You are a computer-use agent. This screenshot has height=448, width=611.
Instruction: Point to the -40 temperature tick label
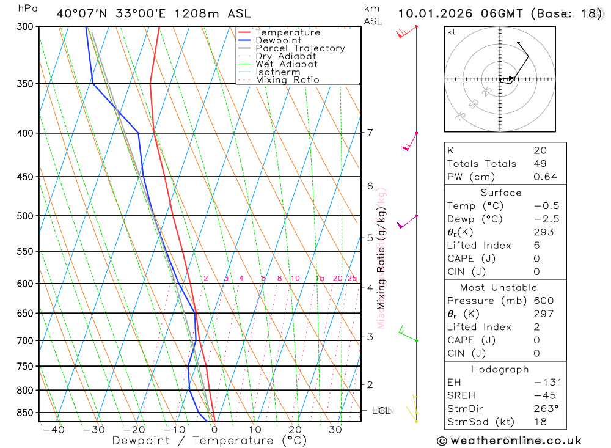(53, 430)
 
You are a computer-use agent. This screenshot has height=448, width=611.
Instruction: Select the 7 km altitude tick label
(370, 133)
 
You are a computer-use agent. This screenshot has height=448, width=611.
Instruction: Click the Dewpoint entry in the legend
(279, 40)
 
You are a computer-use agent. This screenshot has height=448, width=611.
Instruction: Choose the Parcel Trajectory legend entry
(300, 48)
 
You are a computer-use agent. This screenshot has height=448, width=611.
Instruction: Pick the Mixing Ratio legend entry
(287, 80)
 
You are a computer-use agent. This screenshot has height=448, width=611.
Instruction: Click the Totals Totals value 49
(540, 164)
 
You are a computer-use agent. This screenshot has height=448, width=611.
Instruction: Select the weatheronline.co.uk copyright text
(510, 441)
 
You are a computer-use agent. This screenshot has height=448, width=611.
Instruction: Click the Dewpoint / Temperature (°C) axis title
(210, 441)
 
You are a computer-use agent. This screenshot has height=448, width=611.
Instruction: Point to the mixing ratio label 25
(352, 279)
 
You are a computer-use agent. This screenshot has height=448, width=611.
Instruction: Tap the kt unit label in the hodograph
(452, 32)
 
